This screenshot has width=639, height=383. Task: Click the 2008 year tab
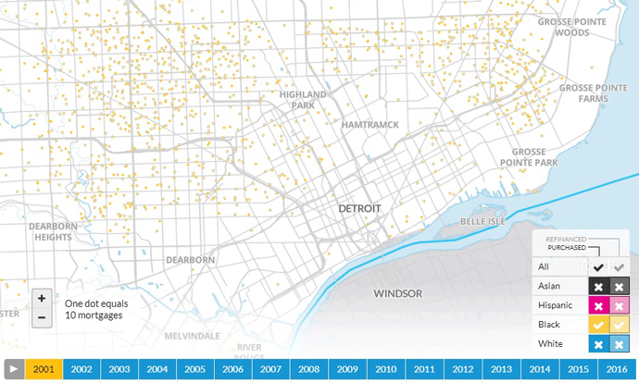tap(308, 369)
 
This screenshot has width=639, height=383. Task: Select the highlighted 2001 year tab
tap(44, 369)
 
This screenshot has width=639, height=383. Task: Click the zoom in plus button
tap(42, 299)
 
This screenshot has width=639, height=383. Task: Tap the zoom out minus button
tap(42, 318)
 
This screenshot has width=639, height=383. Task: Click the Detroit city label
tap(359, 209)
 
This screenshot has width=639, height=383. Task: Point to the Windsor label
tap(397, 294)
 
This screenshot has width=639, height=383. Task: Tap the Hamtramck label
tap(370, 124)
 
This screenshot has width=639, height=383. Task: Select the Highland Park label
tap(304, 100)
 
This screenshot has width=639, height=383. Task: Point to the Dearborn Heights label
tap(50, 231)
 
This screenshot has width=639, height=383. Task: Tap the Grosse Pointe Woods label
tap(559, 27)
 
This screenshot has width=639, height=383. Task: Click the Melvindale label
tap(192, 335)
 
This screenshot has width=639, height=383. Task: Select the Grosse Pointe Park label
tap(535, 156)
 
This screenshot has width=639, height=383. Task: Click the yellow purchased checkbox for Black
tap(597, 325)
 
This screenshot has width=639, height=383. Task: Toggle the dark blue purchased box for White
tap(597, 344)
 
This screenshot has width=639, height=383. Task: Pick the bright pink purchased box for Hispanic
tap(597, 305)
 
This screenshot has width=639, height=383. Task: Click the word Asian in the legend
tap(551, 286)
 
